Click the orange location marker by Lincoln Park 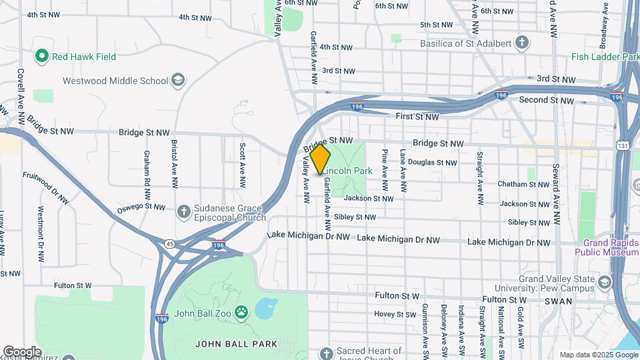(321, 159)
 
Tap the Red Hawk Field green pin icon (42, 57)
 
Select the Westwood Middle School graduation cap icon (177, 81)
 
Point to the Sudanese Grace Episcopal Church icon (184, 212)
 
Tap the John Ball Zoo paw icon (241, 311)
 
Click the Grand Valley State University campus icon (604, 282)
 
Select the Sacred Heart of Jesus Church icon (325, 353)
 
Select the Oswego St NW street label (141, 207)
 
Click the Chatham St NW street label (524, 184)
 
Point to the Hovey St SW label (395, 314)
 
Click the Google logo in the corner (23, 351)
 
